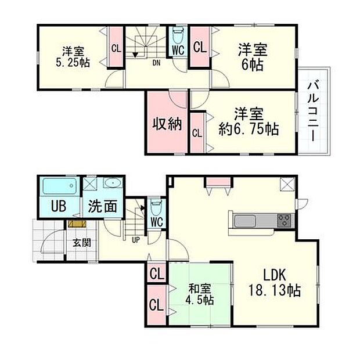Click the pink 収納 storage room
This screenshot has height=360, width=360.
pos(166,123)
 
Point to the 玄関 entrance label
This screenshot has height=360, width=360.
pos(81,243)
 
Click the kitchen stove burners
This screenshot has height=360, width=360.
pos(285,220)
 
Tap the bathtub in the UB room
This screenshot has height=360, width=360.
pos(60,187)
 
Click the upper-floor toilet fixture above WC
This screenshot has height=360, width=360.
pos(178,34)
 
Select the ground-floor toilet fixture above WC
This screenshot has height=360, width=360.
pos(155,206)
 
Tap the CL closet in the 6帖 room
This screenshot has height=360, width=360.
pos(199,47)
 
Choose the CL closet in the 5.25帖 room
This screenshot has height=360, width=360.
pos(116,48)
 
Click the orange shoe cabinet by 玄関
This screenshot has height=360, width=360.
pos(76,223)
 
